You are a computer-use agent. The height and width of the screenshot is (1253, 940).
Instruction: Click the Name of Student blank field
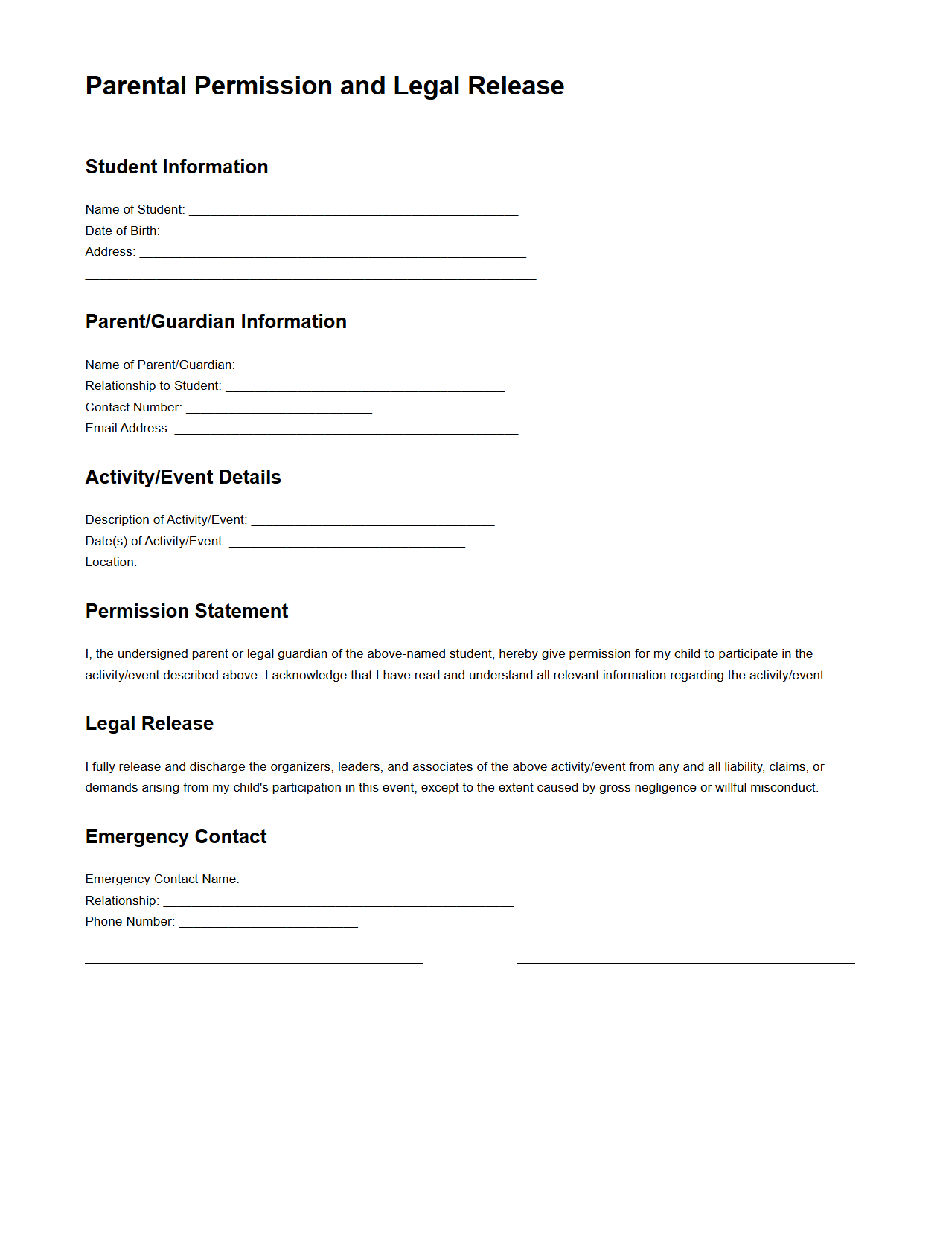point(354,211)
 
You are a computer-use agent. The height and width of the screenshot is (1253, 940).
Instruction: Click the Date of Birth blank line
point(257,232)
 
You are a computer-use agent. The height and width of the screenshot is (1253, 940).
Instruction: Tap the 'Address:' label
point(110,252)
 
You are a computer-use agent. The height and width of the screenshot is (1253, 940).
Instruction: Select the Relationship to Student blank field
point(365,387)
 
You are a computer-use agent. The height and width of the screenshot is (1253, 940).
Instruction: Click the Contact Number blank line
point(279,408)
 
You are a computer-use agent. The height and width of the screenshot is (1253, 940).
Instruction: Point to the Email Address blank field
point(346,429)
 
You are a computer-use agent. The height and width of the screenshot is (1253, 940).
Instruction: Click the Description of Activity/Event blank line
point(373,521)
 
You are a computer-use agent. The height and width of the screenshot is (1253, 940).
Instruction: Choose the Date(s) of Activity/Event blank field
point(347,542)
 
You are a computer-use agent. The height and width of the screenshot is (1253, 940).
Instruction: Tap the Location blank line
point(316,563)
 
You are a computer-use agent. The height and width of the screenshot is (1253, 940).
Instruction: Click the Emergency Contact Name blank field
point(383,880)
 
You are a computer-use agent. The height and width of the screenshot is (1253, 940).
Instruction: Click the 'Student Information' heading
point(176,167)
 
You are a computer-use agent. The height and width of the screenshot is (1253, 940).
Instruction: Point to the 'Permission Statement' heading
point(186,611)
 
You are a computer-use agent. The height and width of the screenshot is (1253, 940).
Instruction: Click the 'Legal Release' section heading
point(149,723)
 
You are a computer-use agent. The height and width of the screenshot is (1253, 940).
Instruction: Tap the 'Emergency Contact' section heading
point(176,836)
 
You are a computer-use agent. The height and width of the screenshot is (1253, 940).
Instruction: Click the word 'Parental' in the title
point(135,86)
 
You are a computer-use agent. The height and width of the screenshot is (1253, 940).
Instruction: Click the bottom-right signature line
point(685,961)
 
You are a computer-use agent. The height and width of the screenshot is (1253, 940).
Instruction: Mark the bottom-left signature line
point(254,961)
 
